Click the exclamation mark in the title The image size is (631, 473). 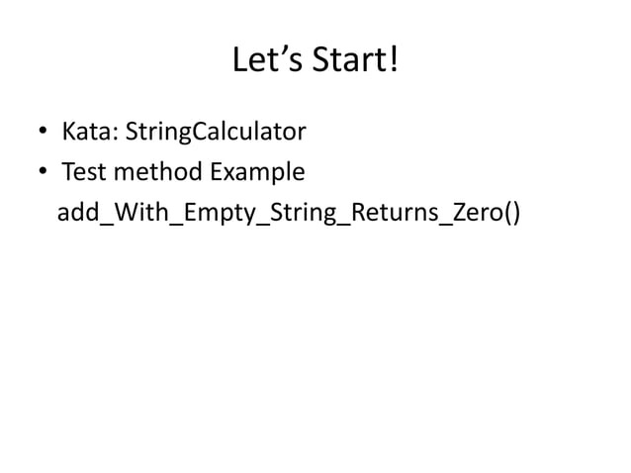pyautogui.click(x=395, y=62)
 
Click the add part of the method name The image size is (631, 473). pyautogui.click(x=77, y=215)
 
